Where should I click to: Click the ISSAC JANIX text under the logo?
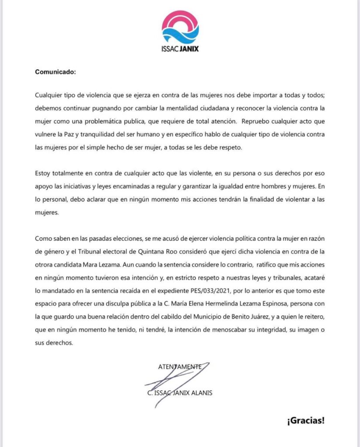[x=180, y=48]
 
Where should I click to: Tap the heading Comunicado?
[x=55, y=72]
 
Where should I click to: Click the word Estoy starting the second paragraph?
[x=44, y=174]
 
